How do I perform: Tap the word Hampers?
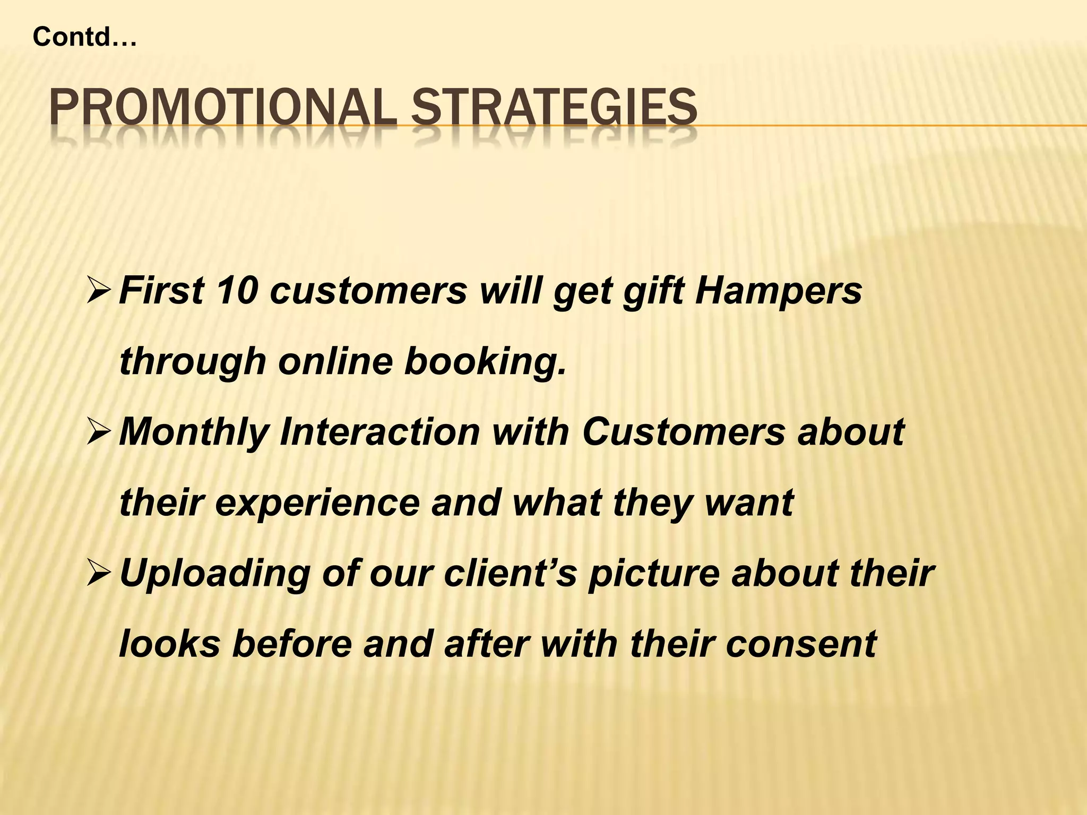pyautogui.click(x=779, y=291)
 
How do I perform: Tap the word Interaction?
pyautogui.click(x=380, y=432)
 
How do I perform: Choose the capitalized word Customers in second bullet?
pyautogui.click(x=683, y=432)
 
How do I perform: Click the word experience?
pyautogui.click(x=317, y=503)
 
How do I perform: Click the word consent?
pyautogui.click(x=801, y=644)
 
